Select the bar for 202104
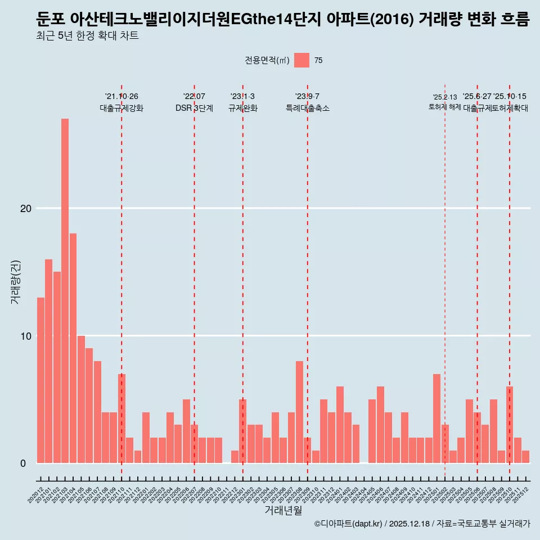click(73, 348)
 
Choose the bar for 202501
click(436, 418)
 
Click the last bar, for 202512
click(525, 457)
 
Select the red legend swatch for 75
click(301, 60)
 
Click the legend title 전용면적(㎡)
click(267, 61)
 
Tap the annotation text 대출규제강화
click(121, 108)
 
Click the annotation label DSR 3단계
click(194, 108)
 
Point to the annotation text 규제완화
click(242, 108)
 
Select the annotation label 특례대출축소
click(307, 108)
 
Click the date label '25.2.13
click(445, 97)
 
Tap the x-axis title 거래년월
click(283, 510)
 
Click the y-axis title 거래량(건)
click(15, 282)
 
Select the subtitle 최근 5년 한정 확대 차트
click(87, 36)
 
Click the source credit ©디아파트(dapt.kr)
click(348, 524)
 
